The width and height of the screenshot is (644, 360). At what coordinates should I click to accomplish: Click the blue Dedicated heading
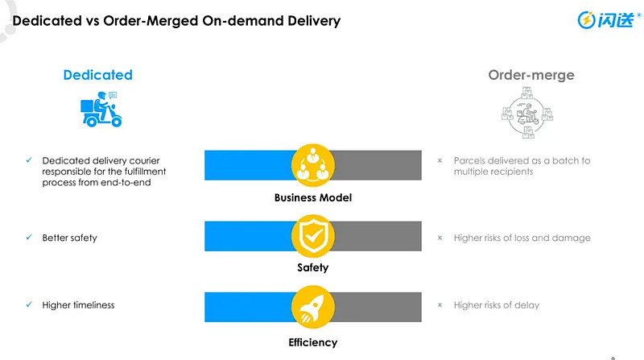[x=97, y=75]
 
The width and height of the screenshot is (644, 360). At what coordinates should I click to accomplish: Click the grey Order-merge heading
[x=530, y=75]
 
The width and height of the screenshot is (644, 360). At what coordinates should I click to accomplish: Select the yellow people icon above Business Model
[x=313, y=164]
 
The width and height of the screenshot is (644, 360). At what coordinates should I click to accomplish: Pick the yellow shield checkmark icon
[x=313, y=235]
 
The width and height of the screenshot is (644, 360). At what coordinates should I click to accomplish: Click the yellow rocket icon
[x=313, y=308]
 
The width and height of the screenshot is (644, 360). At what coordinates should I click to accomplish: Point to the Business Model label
[x=313, y=198]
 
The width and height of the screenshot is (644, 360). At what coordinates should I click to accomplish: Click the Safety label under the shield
[x=313, y=267]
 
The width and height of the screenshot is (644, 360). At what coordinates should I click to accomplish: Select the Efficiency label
[x=313, y=342]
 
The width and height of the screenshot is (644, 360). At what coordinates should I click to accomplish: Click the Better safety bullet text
[x=69, y=238]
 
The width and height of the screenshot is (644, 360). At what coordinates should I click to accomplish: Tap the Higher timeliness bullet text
[x=78, y=305]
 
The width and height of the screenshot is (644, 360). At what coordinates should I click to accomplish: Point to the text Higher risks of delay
[x=496, y=305]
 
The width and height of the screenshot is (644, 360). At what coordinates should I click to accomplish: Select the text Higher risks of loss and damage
[x=522, y=238]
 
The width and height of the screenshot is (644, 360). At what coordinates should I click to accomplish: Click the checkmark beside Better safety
[x=29, y=238]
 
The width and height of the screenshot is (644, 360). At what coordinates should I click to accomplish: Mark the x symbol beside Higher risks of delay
[x=440, y=305]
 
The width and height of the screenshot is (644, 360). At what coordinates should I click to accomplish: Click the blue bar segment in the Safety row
[x=246, y=235]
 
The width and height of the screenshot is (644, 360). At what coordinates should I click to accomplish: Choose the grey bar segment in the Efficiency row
[x=378, y=308]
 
